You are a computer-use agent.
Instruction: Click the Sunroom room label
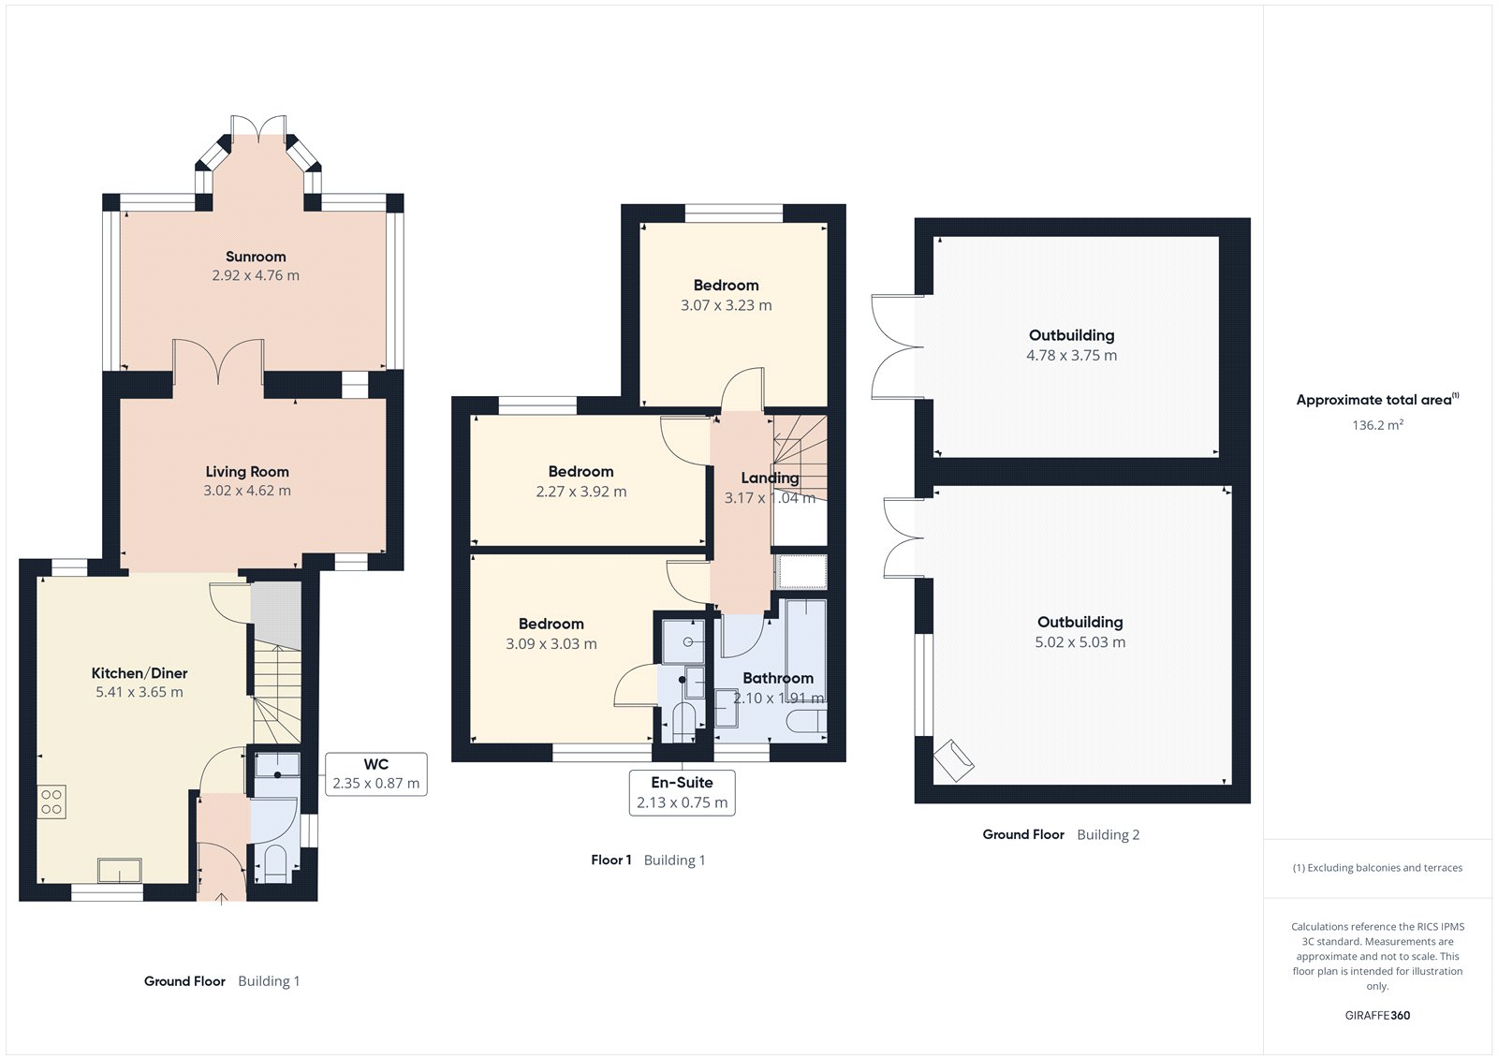[x=256, y=257]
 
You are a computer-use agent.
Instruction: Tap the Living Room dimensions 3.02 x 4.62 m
[x=247, y=491]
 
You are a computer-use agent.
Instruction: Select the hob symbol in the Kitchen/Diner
[x=51, y=802]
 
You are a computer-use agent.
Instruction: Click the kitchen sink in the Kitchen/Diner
[x=120, y=871]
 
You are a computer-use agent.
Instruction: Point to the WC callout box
[x=375, y=774]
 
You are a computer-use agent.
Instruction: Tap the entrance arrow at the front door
[x=222, y=899]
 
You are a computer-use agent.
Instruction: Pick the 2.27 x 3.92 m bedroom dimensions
[x=581, y=492]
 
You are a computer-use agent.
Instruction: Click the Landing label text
[x=770, y=478]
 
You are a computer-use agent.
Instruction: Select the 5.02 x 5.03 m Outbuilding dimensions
[x=1079, y=642]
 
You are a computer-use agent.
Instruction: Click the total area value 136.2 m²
[x=1377, y=425]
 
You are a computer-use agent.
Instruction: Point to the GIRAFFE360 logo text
[x=1377, y=1015]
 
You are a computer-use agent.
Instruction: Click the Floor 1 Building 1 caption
[x=648, y=860]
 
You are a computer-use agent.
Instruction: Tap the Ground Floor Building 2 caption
[x=1061, y=834]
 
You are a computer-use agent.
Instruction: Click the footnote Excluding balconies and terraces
[x=1377, y=868]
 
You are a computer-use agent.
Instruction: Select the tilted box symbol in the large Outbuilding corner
[x=953, y=760]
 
